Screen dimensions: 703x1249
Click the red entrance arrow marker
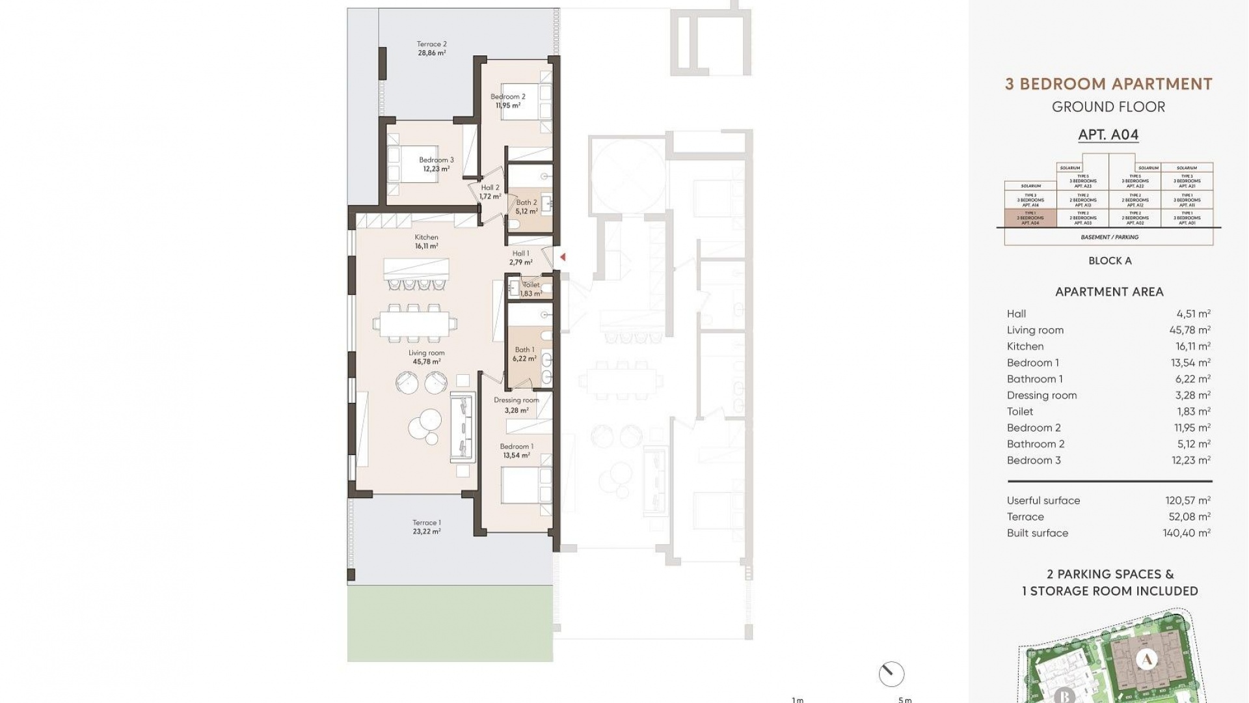tap(563, 257)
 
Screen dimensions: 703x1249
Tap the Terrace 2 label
tap(432, 49)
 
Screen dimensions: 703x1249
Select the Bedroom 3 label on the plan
tap(436, 164)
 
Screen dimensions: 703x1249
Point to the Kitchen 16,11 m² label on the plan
tap(427, 241)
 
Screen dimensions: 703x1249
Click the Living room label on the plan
tap(426, 357)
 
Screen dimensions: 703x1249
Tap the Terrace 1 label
tap(427, 527)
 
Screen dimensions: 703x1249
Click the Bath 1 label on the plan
tap(524, 354)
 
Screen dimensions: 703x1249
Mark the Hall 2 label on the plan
tap(490, 192)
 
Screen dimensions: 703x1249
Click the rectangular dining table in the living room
tap(414, 323)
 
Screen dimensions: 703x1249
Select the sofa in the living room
tap(463, 428)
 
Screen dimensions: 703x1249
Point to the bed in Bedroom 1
tap(526, 485)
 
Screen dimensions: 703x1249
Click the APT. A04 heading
tap(1108, 135)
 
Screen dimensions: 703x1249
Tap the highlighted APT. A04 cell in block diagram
tap(1030, 218)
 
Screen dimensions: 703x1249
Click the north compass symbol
tap(891, 674)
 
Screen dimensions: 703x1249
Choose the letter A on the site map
tap(1147, 659)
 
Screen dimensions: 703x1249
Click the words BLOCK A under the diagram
tap(1110, 260)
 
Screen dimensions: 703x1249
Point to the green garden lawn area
tap(450, 624)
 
